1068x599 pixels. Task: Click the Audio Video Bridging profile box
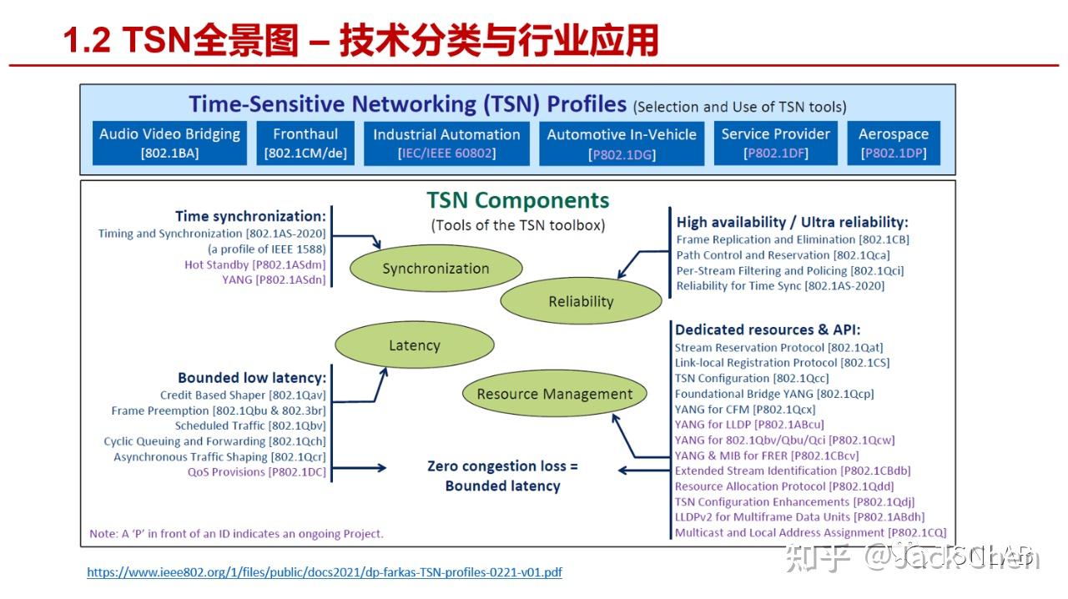click(x=169, y=143)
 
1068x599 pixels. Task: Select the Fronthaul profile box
click(x=305, y=143)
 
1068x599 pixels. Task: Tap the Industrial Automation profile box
click(x=446, y=143)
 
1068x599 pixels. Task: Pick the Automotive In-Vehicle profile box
click(x=622, y=143)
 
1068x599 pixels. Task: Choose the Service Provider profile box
click(x=776, y=143)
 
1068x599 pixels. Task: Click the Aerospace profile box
click(x=894, y=143)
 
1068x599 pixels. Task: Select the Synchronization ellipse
click(x=436, y=269)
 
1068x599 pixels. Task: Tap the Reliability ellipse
click(x=581, y=302)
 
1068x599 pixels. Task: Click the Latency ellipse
click(x=414, y=345)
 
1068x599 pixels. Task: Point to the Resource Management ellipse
click(x=555, y=394)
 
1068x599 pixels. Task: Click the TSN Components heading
click(x=518, y=200)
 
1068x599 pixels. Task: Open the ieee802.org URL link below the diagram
click(x=325, y=573)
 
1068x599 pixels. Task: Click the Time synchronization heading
click(x=250, y=216)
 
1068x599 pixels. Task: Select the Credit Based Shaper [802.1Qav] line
click(x=243, y=395)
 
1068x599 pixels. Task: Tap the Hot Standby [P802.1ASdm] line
click(x=254, y=264)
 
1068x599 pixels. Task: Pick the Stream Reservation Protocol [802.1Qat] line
click(x=778, y=347)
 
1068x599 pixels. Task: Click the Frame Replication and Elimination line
click(x=793, y=239)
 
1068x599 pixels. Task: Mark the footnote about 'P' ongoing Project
click(x=236, y=533)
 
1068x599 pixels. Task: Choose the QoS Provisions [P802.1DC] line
click(x=256, y=472)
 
